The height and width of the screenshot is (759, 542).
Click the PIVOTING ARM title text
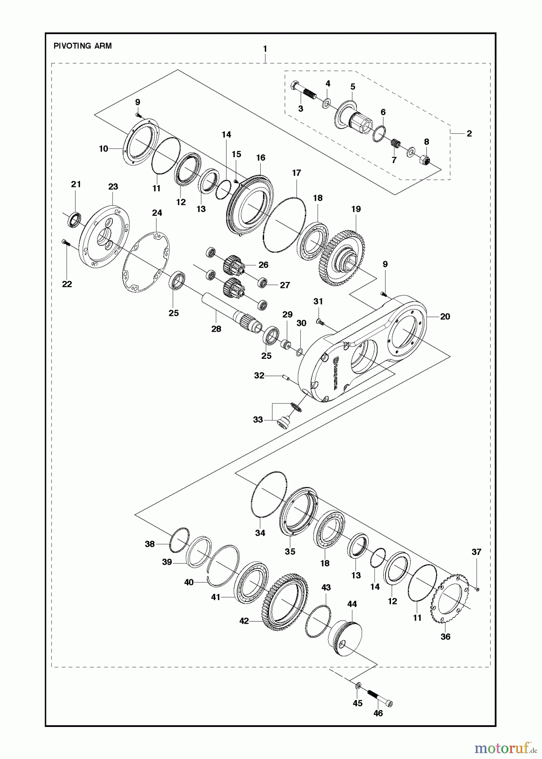click(x=83, y=46)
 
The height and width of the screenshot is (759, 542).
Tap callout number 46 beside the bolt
click(x=378, y=713)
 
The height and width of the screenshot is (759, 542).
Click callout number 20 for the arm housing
click(x=445, y=316)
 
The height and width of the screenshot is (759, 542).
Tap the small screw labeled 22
click(x=65, y=243)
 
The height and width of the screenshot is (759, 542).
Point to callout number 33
click(x=258, y=420)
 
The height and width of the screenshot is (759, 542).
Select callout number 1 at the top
click(x=265, y=49)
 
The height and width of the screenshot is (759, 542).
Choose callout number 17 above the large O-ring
click(x=297, y=173)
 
